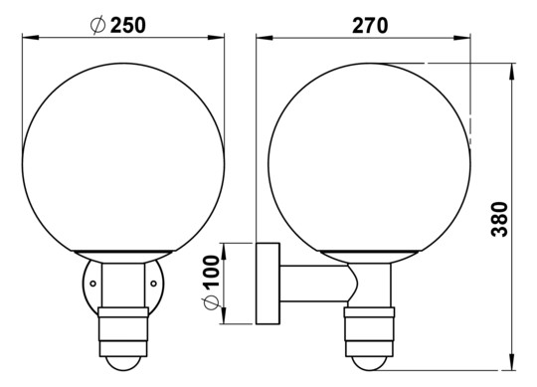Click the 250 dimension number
tap(128, 25)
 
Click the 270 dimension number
tap(370, 25)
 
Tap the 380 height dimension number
tap(499, 219)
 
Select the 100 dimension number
tap(210, 272)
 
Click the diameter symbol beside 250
tap(97, 25)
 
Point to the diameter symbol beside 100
tap(210, 302)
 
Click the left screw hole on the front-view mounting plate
tap(92, 284)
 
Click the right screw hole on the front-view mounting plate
tap(154, 284)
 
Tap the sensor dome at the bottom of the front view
tap(123, 363)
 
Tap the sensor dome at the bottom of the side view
tap(370, 363)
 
